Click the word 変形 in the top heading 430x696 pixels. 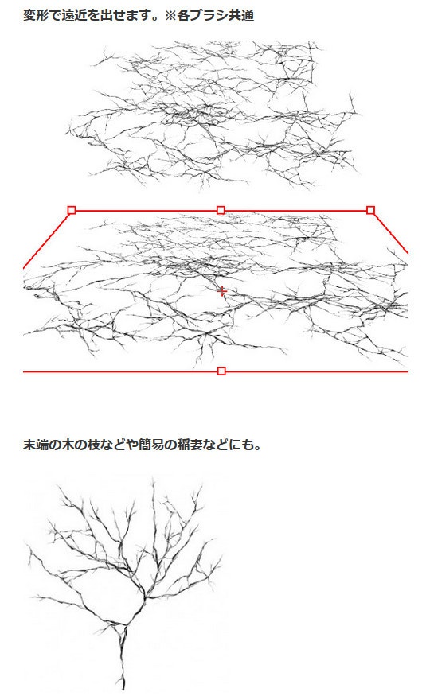pos(37,15)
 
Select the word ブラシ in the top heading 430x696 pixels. pos(209,15)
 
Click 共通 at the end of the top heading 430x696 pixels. pos(240,15)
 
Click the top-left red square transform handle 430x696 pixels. pos(72,210)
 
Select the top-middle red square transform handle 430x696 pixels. pos(221,210)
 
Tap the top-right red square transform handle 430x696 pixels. pos(370,210)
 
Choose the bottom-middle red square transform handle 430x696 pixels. pos(221,371)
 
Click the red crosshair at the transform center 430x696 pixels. pos(221,292)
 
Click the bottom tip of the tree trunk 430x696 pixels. pos(123,688)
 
